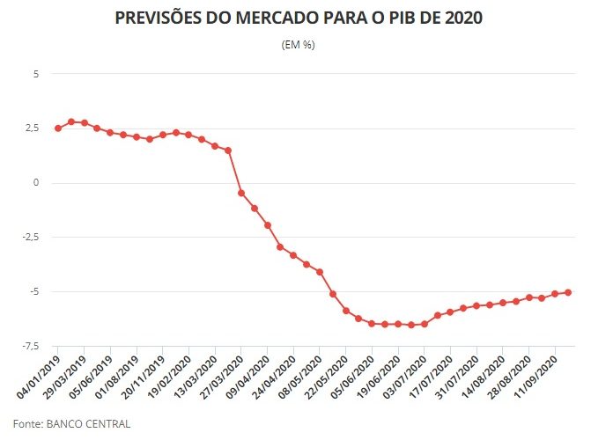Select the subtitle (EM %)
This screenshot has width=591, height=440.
click(297, 45)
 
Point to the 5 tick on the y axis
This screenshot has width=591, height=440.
click(36, 74)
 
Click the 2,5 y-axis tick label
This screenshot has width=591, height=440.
click(32, 128)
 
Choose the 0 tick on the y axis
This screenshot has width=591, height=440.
click(36, 183)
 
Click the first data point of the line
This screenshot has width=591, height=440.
click(58, 128)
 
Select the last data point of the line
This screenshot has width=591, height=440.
click(568, 292)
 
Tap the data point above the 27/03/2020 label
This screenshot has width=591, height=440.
click(241, 193)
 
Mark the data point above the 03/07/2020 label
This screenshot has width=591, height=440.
click(425, 324)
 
